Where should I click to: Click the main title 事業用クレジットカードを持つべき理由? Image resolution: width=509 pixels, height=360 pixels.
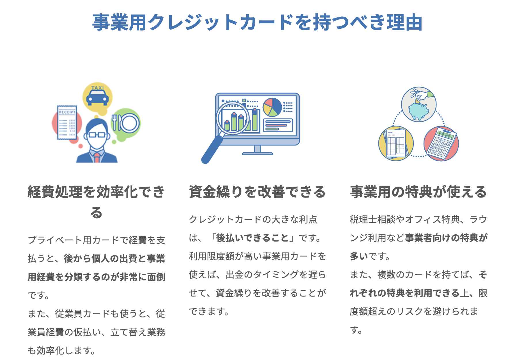[257, 22]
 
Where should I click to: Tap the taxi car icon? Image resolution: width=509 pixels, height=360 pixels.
[97, 97]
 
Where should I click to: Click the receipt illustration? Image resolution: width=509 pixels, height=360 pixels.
[67, 122]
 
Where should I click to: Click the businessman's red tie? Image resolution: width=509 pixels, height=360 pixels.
[97, 157]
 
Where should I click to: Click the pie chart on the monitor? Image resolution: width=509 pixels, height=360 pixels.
[272, 107]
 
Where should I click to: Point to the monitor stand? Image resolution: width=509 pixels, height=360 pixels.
[258, 150]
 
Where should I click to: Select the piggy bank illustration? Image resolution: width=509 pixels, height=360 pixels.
[419, 110]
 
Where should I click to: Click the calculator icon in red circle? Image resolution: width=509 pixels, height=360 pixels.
[441, 143]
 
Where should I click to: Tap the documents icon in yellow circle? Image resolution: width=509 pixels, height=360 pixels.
[396, 143]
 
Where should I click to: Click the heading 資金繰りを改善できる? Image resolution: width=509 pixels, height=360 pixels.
[257, 192]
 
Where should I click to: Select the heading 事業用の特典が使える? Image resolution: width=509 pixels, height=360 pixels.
[418, 192]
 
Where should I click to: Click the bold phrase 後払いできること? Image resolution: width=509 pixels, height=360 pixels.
[252, 238]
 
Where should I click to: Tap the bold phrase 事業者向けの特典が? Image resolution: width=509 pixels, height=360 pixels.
[446, 238]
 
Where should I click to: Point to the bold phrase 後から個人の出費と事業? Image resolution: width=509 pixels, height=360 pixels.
[114, 258]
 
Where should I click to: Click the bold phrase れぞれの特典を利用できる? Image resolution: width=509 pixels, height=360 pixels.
[405, 293]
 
